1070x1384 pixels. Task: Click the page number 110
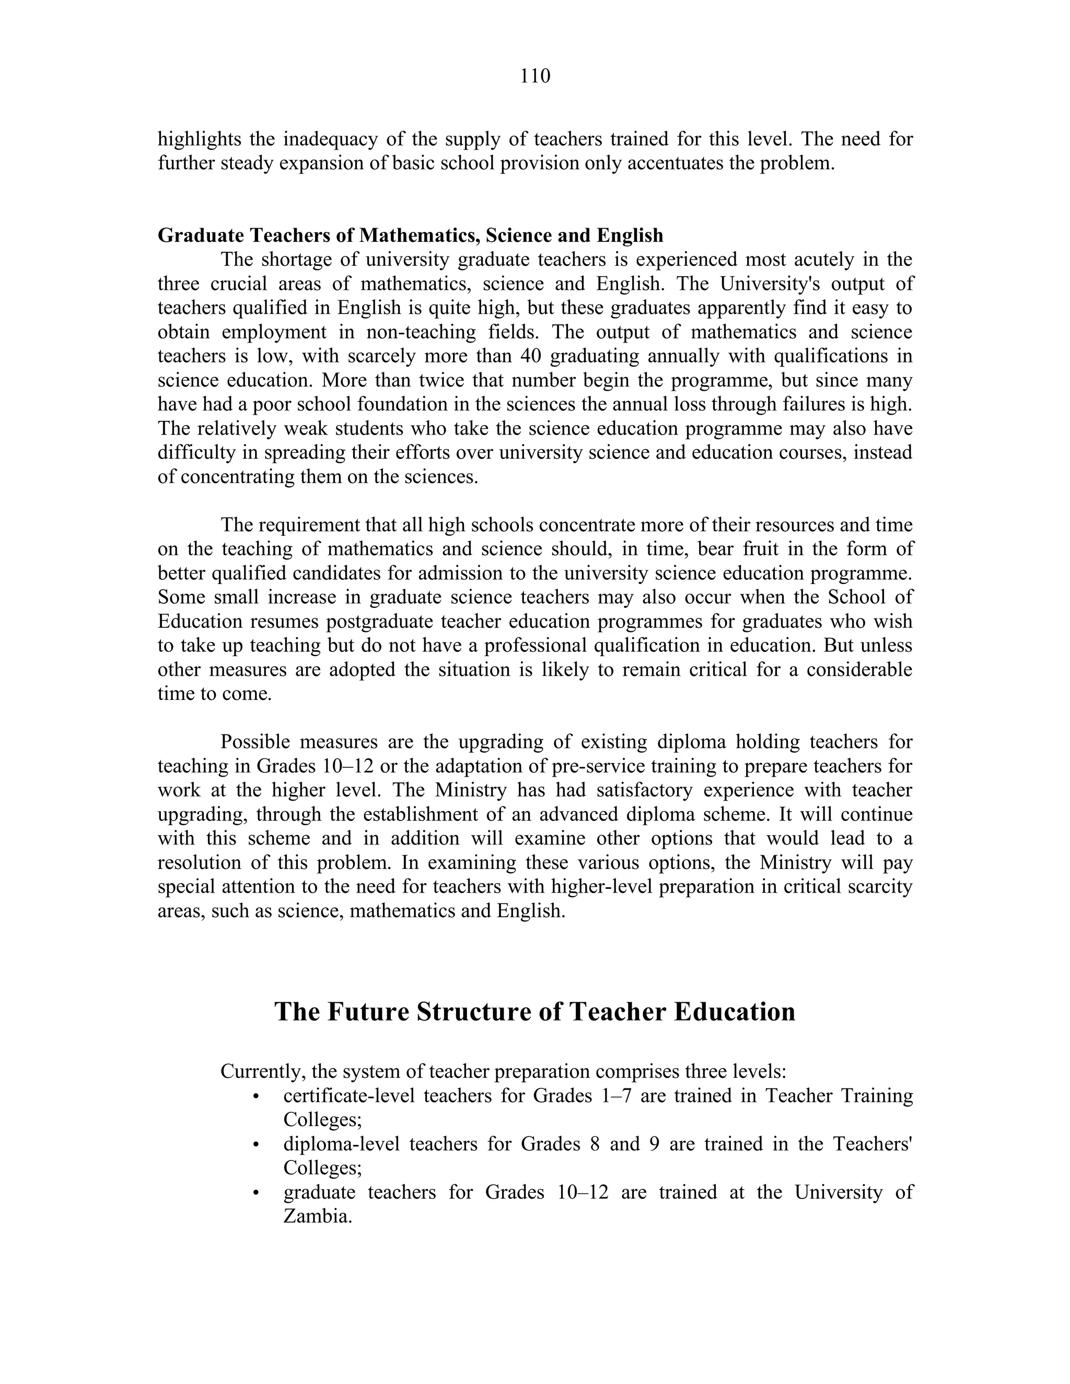coord(535,76)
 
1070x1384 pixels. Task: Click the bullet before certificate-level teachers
coord(256,1096)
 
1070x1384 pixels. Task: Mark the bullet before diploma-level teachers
coord(256,1144)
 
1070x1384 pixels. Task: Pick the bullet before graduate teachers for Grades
coord(256,1193)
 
